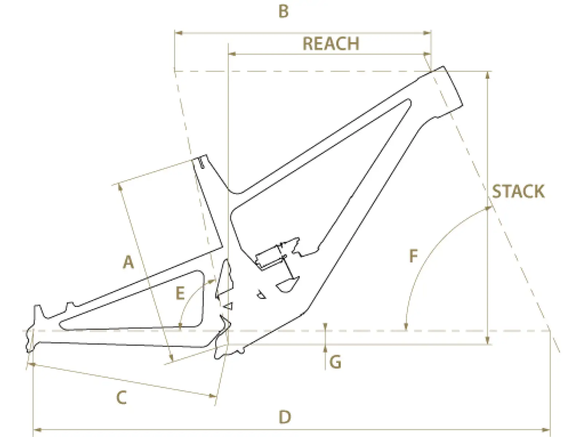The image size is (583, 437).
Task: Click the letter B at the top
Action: [283, 12]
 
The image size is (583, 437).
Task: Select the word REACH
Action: [331, 44]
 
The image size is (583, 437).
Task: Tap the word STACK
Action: [518, 191]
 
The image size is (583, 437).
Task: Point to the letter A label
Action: [128, 262]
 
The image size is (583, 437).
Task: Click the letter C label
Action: [122, 398]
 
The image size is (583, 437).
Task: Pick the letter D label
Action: [285, 417]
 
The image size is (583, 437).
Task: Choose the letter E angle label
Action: [180, 294]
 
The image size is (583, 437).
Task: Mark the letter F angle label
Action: [414, 256]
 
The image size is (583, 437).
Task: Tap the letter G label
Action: [335, 362]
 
